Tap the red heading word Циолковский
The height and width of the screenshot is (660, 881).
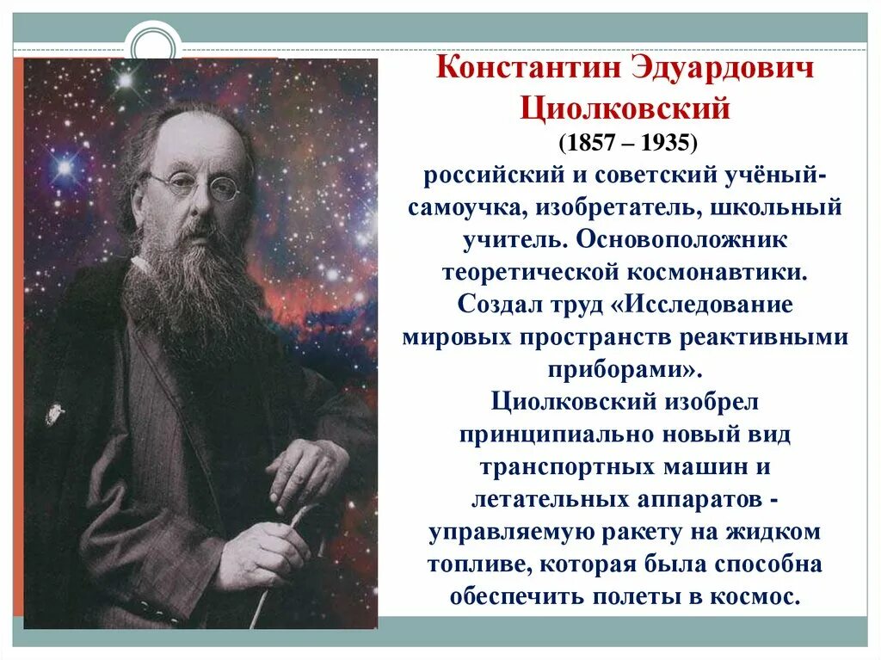[625, 109]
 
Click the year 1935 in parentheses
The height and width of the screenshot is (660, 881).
[662, 141]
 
